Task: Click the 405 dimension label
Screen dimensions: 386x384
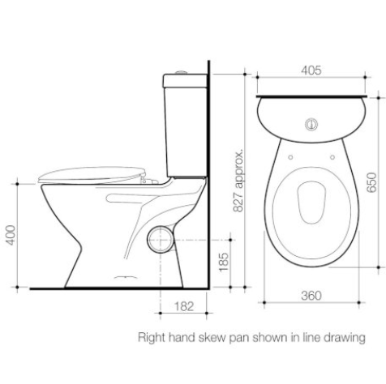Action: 311,70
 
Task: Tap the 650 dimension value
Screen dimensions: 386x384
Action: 371,182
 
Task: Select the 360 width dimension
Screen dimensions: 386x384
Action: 311,296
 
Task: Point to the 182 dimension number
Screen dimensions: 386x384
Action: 184,306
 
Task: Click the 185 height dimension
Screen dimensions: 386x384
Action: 223,262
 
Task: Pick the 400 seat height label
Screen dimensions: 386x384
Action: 11,235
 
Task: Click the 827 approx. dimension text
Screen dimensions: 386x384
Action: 238,180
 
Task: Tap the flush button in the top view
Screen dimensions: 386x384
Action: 311,125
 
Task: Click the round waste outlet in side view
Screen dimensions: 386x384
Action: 161,240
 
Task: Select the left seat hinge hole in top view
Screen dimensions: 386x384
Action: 290,157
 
